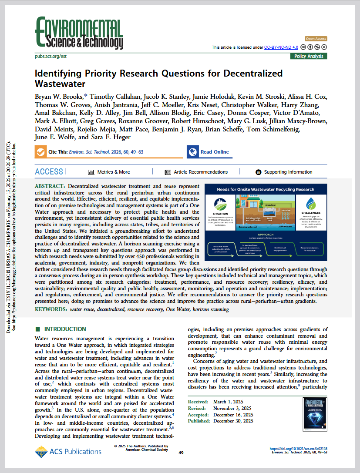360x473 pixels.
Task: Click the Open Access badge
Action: pos(316,39)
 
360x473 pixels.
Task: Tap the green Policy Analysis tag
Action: pos(309,56)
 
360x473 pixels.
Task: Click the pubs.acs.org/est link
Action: pos(50,57)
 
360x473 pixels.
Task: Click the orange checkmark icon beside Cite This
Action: pos(40,152)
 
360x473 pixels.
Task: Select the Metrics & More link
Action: pos(109,172)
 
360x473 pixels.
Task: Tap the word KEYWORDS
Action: pos(50,309)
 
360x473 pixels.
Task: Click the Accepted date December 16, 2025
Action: pos(233,415)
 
